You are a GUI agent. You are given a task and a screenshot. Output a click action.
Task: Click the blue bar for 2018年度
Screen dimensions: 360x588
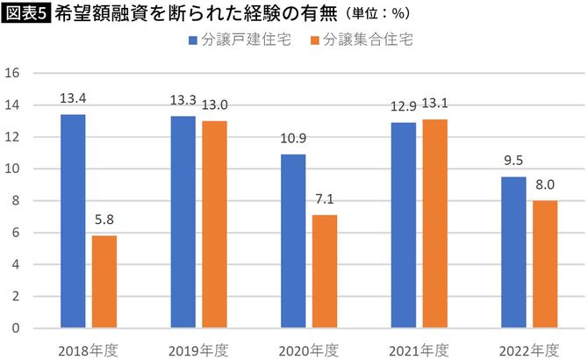pos(73,221)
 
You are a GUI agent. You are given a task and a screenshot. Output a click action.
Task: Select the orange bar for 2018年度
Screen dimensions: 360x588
pos(104,282)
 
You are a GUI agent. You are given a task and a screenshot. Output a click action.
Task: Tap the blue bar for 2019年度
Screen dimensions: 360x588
pos(183,222)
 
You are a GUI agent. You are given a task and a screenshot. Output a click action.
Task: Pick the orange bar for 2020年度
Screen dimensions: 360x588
pos(324,271)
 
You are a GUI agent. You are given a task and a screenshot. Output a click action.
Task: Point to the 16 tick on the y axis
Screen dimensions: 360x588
pos(13,74)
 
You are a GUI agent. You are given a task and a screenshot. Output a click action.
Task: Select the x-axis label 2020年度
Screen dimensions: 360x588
pos(309,349)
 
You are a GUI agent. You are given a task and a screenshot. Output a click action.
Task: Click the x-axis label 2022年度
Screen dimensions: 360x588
pos(529,349)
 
